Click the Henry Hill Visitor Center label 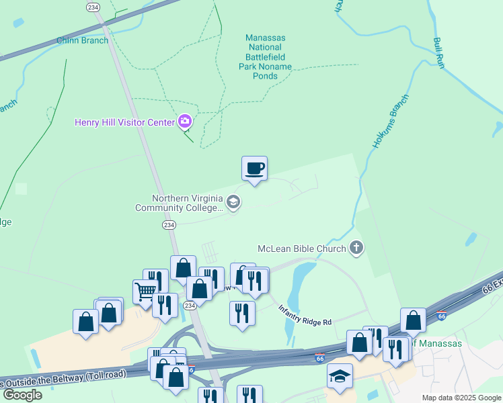tap(124, 122)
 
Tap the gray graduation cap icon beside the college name tap(233, 201)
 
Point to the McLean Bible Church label tap(301, 249)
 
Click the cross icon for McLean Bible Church tap(356, 249)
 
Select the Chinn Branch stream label tap(83, 41)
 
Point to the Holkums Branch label tap(390, 122)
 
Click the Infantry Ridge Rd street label tap(305, 315)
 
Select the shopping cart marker tap(145, 292)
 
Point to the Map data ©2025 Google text tap(461, 398)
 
